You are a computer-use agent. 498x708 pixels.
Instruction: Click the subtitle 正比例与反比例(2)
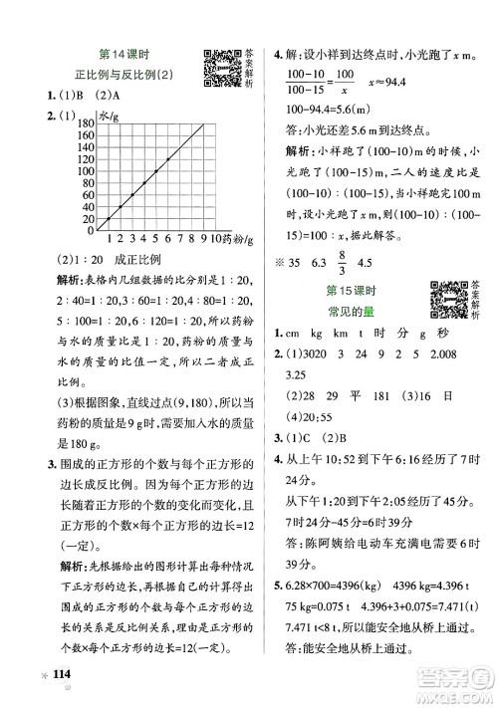pyautogui.click(x=139, y=75)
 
